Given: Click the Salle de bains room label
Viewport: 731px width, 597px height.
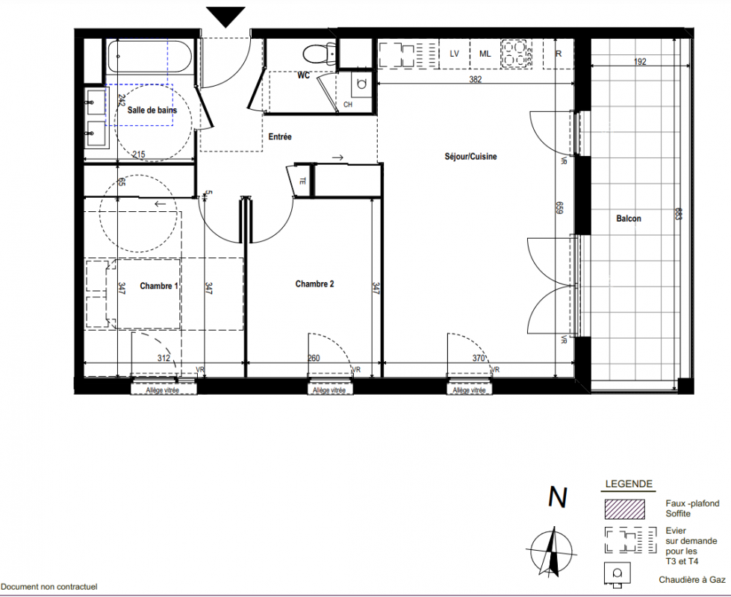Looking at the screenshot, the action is click(152, 110).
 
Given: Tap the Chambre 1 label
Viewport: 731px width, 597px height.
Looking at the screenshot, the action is click(159, 286).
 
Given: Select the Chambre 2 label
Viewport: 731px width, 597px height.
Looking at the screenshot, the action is click(314, 284).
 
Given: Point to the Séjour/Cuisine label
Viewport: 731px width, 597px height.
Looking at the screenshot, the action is click(470, 157).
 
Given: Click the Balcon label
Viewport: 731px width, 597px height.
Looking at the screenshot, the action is click(629, 219).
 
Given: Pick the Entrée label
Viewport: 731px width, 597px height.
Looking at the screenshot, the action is click(280, 137).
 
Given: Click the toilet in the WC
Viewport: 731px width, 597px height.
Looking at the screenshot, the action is click(320, 54).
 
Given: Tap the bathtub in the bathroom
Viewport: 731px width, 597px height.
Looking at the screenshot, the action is click(149, 56).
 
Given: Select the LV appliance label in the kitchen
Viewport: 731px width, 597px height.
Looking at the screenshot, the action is click(454, 54).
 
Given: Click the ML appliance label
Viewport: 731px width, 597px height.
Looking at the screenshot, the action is click(485, 54).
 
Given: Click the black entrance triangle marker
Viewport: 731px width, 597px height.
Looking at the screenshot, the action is click(225, 17).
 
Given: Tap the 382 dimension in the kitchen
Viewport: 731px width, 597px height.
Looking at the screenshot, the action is click(475, 79).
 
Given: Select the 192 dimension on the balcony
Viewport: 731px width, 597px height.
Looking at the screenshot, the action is click(640, 61).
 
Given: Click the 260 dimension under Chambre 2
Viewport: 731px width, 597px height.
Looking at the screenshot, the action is click(314, 358).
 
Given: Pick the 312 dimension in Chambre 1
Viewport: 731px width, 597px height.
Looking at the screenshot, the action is click(164, 358).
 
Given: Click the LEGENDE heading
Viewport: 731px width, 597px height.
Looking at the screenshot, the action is click(629, 484).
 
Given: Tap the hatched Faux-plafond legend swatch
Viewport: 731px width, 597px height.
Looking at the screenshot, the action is click(625, 509).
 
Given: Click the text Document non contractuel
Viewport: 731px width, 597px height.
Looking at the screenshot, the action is click(49, 587).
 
